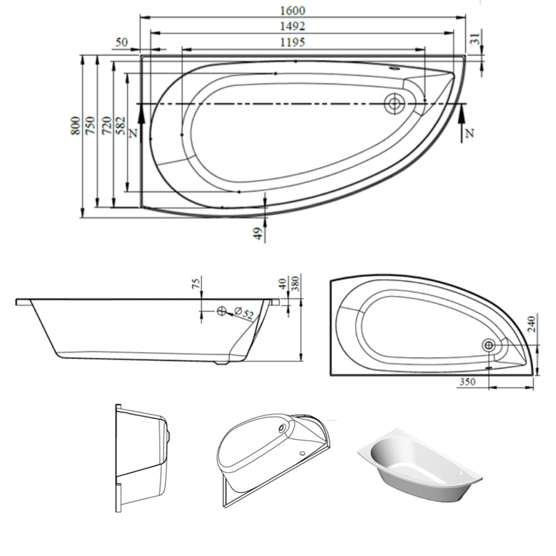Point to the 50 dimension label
coord(122,42)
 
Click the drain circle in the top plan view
coord(395,103)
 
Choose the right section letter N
coord(470,133)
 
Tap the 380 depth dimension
coord(296,283)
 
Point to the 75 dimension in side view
coord(196,283)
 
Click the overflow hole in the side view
coord(221,311)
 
